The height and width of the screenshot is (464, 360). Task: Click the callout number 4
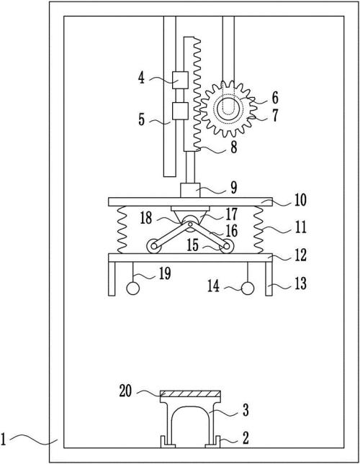pos(142,78)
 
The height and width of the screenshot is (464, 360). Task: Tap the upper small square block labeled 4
pos(180,80)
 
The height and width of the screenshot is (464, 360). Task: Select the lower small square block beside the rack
pos(180,111)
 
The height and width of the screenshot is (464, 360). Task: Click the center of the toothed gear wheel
pos(227,109)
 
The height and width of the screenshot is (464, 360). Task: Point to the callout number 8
pos(234,147)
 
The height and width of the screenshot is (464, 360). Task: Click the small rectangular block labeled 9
pos(190,190)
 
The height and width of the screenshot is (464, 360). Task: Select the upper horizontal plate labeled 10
pos(190,202)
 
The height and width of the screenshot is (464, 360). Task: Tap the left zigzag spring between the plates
pos(122,229)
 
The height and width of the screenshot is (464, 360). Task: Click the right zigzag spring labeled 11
pos(258,229)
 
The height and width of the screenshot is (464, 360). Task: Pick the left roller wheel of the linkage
pos(154,246)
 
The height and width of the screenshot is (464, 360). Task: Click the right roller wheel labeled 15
pos(227,246)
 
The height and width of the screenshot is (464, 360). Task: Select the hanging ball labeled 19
pos(133,288)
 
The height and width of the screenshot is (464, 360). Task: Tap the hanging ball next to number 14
pos(248,288)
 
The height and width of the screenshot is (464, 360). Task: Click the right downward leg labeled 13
pos(269,278)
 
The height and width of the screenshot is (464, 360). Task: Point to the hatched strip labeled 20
pos(190,394)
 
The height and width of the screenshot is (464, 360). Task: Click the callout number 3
pos(246,410)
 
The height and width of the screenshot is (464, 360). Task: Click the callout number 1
pos(4,440)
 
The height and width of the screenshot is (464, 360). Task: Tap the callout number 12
pos(300,255)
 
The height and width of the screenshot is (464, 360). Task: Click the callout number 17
pos(232,214)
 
